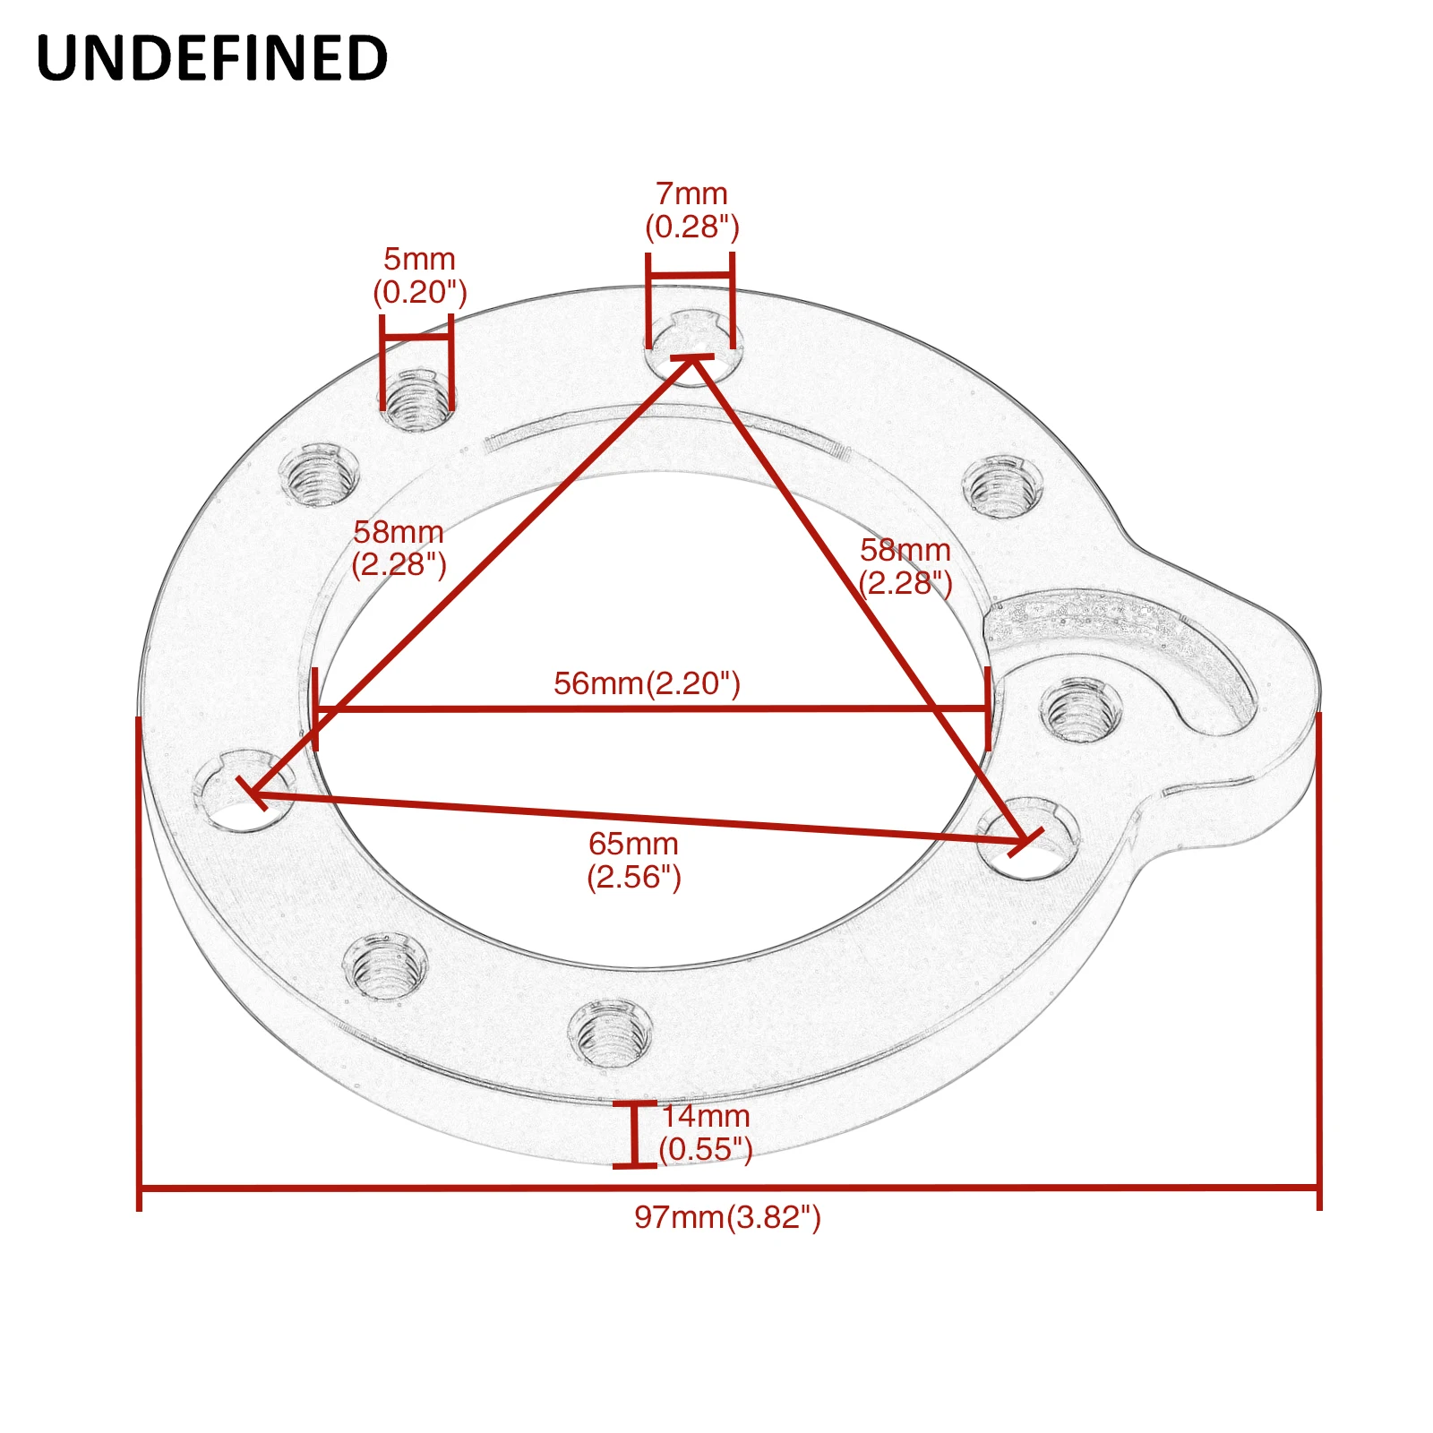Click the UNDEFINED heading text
point(211,58)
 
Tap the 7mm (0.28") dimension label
point(692,210)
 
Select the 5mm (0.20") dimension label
point(420,276)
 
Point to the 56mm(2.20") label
point(647,683)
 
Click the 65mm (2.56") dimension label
point(634,860)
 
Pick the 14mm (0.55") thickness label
point(706,1132)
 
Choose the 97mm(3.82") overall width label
point(727,1217)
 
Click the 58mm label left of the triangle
point(399,548)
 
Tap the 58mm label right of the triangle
point(905,566)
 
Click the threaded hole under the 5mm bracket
point(416,399)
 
